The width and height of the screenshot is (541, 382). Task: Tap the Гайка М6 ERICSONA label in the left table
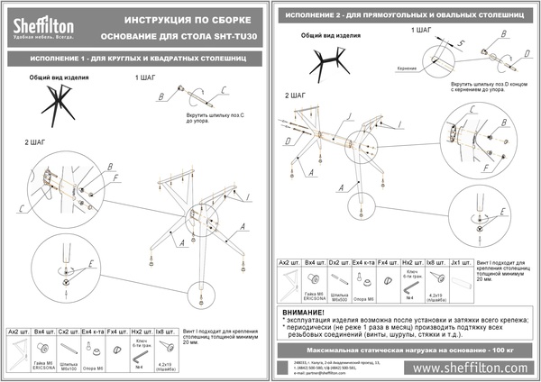pos(44,367)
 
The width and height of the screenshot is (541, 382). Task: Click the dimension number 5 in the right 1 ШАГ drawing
pos(462,43)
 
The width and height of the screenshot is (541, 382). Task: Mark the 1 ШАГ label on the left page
pos(146,78)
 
